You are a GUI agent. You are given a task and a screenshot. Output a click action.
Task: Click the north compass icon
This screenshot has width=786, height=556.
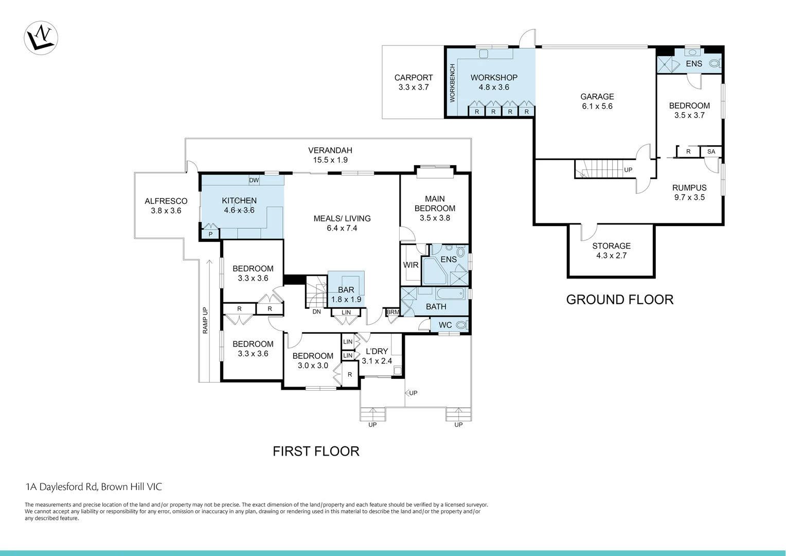point(41,38)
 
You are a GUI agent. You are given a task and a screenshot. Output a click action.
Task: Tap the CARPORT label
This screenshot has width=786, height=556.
point(414,82)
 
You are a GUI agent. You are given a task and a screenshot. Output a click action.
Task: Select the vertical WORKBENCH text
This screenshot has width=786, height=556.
point(453,83)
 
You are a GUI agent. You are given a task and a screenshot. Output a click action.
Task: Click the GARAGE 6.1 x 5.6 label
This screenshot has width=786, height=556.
point(597,101)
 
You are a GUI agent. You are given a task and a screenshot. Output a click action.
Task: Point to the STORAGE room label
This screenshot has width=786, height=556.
point(611,251)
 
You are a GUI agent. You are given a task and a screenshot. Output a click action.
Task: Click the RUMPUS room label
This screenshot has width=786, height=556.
point(689,193)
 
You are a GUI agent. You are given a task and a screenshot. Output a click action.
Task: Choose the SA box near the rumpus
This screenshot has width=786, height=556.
point(711,152)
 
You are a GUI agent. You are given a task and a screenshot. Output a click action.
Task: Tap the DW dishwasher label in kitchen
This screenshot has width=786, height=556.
point(254,180)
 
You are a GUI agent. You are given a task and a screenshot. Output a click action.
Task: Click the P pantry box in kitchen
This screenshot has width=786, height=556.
point(210,234)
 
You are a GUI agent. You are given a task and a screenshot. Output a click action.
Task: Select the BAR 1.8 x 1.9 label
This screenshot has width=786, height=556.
point(346,294)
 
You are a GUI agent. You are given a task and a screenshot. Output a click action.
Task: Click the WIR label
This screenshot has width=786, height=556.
point(410,265)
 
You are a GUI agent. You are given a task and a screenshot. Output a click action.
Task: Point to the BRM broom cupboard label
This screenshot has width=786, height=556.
point(393,312)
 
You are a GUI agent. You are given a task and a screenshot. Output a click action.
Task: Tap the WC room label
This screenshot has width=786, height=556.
point(445,325)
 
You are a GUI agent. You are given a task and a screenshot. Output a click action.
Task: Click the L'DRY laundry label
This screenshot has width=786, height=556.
point(377,356)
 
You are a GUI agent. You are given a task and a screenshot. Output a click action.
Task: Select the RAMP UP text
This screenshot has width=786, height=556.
point(205,320)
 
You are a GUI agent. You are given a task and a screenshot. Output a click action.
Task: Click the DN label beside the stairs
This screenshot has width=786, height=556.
point(316,311)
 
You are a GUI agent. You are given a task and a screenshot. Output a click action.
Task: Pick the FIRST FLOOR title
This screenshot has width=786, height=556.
point(316,451)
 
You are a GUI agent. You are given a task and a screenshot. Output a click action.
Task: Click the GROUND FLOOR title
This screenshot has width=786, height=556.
point(619,300)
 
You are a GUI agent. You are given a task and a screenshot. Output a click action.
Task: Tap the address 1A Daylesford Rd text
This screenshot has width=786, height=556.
point(94,486)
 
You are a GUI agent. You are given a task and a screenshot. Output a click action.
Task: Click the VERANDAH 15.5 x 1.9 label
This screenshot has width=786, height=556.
point(330,155)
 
